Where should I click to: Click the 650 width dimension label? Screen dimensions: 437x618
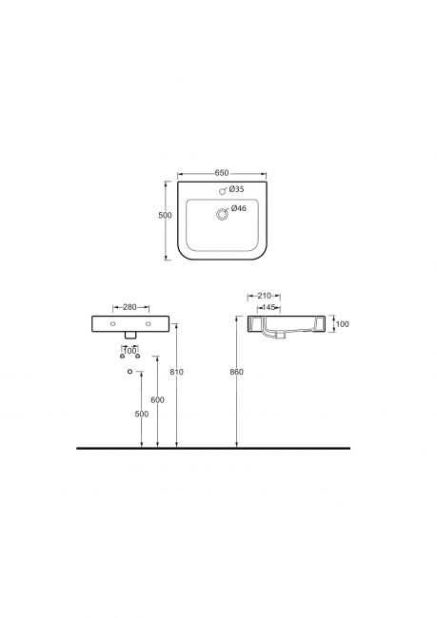coord(222,173)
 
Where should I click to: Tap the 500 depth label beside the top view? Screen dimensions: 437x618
coord(165,215)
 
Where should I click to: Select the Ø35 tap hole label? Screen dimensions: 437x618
coord(236,189)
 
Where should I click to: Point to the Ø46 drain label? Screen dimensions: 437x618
coord(239,208)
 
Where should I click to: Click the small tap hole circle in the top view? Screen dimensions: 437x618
coord(222,191)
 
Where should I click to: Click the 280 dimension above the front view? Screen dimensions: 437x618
coord(129,307)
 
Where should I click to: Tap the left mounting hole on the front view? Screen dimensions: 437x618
coord(113,324)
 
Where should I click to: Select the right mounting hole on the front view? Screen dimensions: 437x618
coord(148,324)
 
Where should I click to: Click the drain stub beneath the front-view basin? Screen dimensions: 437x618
coord(130,335)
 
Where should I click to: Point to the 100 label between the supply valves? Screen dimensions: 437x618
coord(129,351)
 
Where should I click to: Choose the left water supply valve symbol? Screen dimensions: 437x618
coord(122,356)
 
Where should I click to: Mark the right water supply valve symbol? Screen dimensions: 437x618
coord(138,356)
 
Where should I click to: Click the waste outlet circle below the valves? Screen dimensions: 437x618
coord(129,371)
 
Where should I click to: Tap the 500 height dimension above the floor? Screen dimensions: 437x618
coord(141,414)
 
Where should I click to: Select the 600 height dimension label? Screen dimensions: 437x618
coord(157,400)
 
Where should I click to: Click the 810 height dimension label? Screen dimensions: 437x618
coord(176,372)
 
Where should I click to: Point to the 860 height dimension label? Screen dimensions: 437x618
coord(236,372)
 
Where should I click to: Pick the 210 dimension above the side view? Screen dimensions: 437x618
coord(264,296)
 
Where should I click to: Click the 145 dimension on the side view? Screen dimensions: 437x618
coord(268,307)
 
